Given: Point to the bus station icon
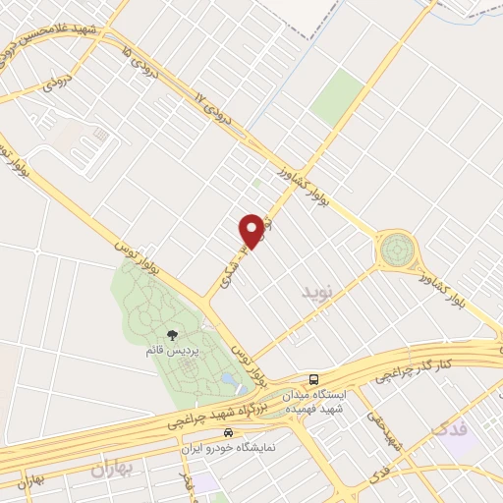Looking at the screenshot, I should coord(312,378).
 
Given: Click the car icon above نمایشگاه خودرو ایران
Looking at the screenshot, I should coord(229,432).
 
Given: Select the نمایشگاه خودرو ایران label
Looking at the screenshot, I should coord(229,447).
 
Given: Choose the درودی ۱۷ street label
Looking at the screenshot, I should coord(213,112).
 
